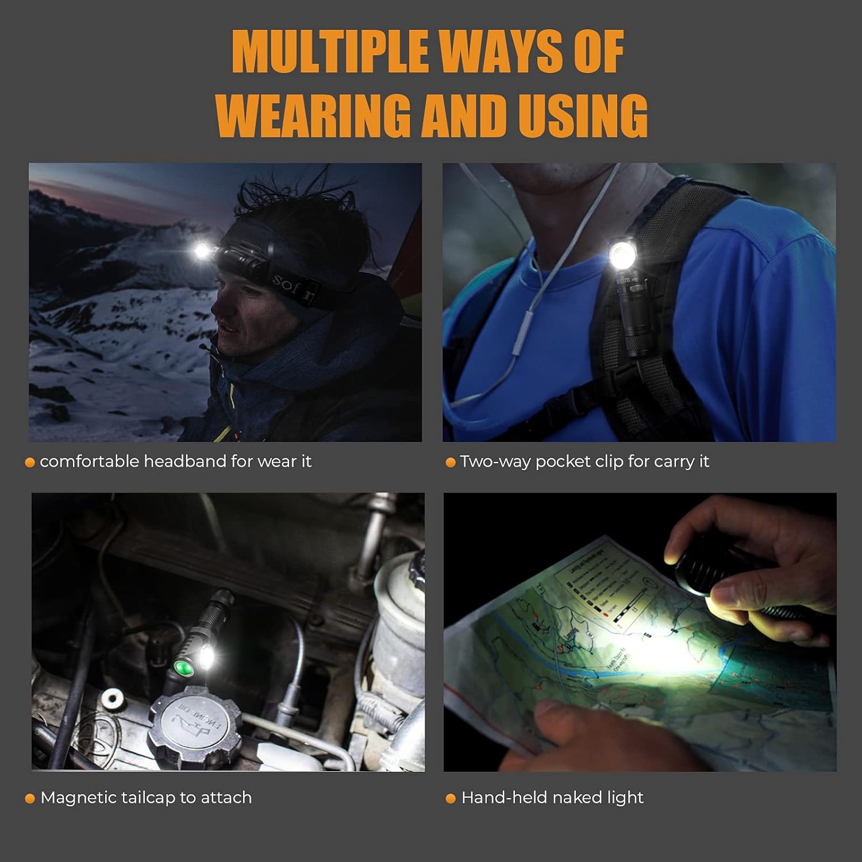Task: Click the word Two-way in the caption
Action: tap(495, 462)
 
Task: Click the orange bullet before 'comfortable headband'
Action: tap(30, 463)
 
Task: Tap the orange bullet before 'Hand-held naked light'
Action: tap(451, 799)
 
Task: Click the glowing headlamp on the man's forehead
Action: tap(202, 251)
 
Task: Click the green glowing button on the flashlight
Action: tap(183, 668)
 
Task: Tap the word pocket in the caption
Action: tap(559, 462)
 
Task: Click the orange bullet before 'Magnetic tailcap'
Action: tap(30, 799)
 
